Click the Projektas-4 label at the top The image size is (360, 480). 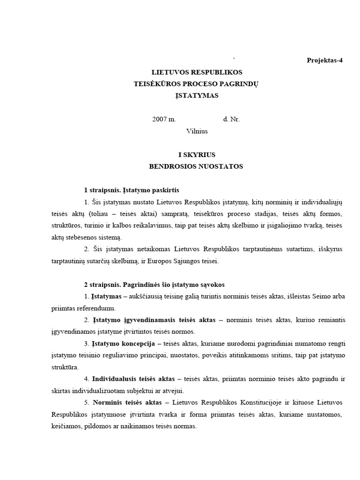(x=324, y=60)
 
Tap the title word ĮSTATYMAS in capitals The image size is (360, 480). (x=197, y=96)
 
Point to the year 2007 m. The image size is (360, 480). (x=164, y=120)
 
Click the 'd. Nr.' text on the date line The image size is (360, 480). (x=232, y=120)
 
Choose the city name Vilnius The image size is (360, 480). (x=197, y=131)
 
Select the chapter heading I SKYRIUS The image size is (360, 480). (x=197, y=155)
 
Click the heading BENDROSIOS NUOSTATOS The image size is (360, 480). (x=196, y=166)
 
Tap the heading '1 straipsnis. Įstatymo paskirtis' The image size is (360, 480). (x=132, y=190)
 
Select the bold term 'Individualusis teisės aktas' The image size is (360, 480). (x=133, y=378)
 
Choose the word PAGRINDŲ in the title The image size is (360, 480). (x=239, y=84)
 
